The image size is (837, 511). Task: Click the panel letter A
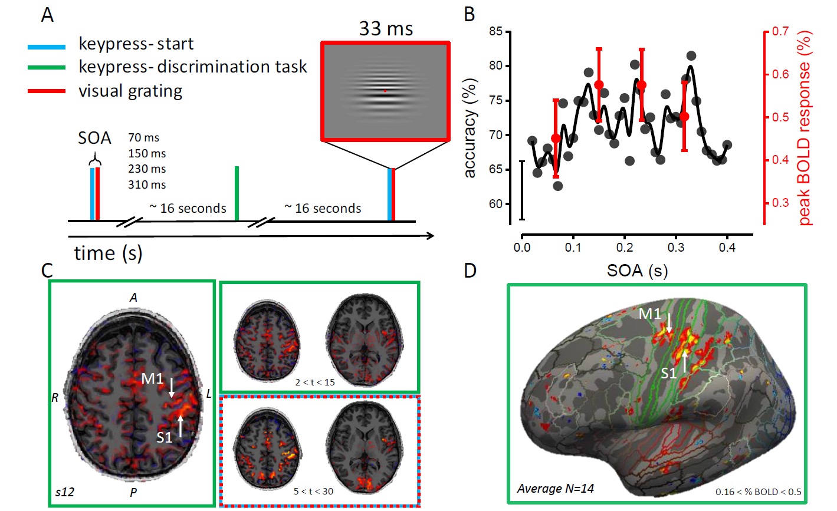48,15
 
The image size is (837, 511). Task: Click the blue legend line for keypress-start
46,45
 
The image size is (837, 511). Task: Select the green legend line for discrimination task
46,68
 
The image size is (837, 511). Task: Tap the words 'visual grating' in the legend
130,91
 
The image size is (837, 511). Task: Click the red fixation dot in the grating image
385,91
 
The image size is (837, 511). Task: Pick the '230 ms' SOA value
147,169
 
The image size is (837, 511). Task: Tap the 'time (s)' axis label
108,253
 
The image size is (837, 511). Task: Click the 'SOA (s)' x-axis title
637,271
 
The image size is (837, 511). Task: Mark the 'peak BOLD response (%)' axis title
805,128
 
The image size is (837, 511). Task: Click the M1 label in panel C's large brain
152,378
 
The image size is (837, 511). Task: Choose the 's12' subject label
64,490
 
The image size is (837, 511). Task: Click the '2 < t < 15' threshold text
315,382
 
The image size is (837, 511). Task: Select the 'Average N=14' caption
555,488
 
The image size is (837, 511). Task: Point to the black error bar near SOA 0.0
521,190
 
